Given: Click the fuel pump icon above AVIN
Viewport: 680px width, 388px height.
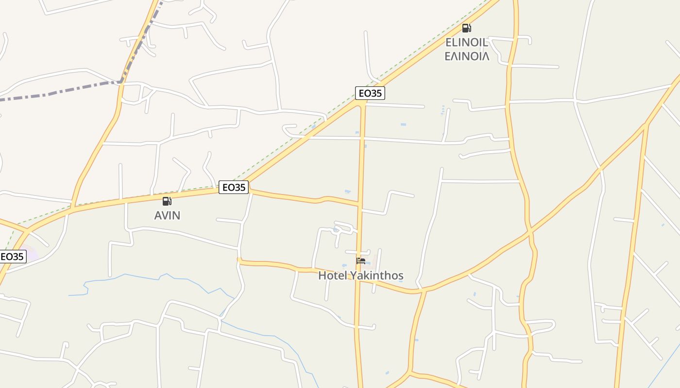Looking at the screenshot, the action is click(x=167, y=201).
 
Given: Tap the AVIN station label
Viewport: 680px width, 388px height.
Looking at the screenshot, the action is click(x=167, y=215).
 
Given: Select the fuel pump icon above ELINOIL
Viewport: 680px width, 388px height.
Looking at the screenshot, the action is click(x=466, y=28).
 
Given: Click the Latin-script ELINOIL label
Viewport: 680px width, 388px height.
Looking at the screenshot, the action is click(x=466, y=42).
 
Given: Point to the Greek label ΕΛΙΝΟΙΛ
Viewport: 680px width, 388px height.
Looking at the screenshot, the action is click(x=467, y=56).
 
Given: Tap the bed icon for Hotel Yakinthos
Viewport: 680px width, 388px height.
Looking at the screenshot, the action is click(x=361, y=261).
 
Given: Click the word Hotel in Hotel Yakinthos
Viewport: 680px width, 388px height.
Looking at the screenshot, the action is click(x=333, y=276).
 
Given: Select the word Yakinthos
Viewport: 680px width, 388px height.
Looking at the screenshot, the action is click(x=377, y=276).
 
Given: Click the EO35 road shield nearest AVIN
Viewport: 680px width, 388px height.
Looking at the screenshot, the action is click(x=234, y=187).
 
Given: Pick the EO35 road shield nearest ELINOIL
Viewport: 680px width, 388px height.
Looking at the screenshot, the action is click(x=370, y=93).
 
